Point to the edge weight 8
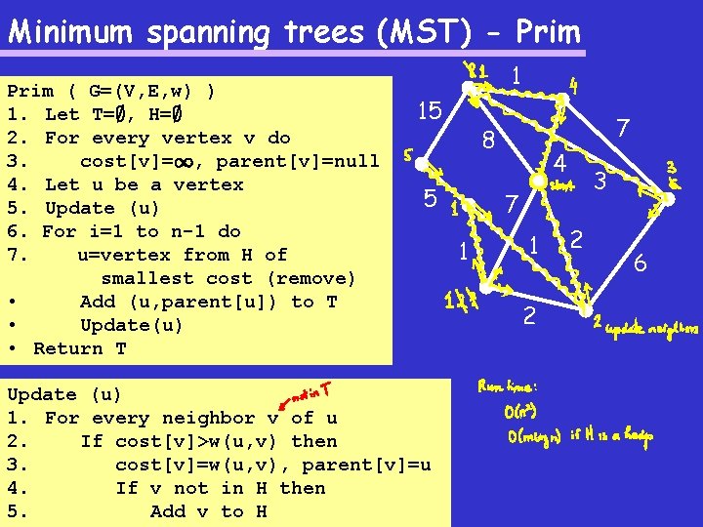coord(489,142)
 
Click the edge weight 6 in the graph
coord(641,262)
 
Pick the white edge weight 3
coord(601,182)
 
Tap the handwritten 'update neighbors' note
coord(652,330)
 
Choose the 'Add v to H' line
coord(208,511)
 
